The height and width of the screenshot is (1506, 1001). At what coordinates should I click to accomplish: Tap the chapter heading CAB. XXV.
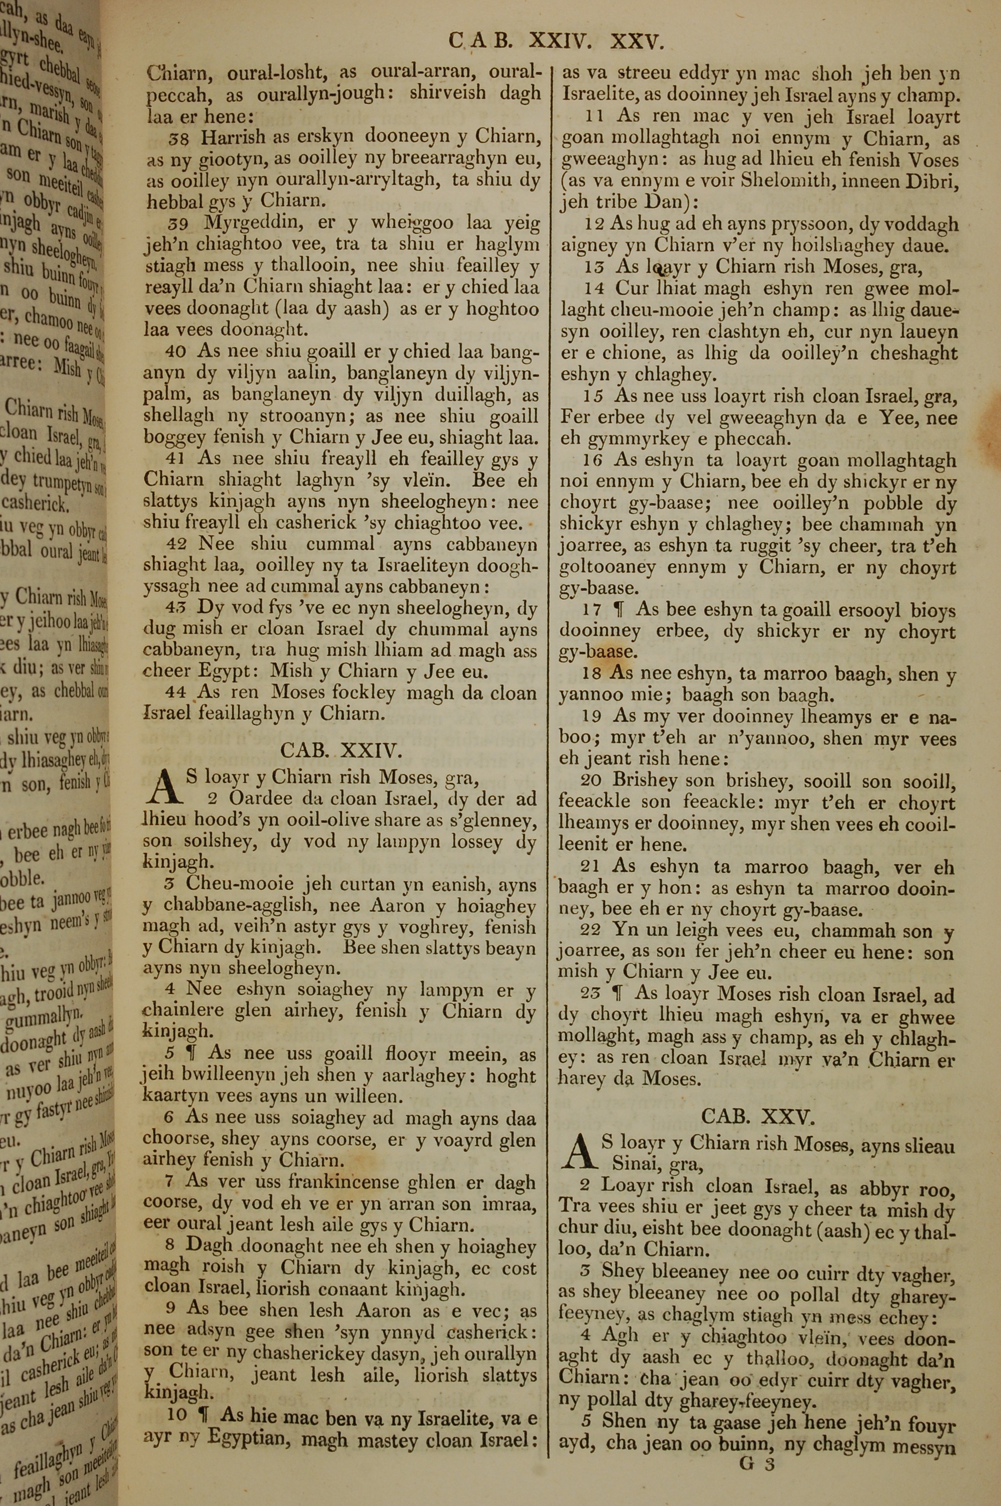pos(757,1116)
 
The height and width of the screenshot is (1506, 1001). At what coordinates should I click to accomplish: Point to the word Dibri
pos(935,180)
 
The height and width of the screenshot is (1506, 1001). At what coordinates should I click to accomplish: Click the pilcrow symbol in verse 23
pos(617,994)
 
